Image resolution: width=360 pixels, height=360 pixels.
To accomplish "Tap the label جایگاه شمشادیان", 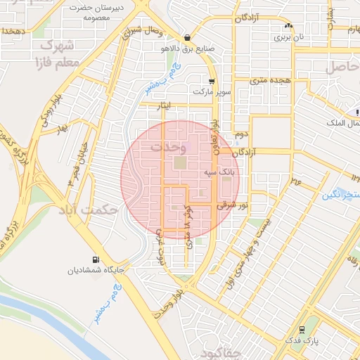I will (96, 270).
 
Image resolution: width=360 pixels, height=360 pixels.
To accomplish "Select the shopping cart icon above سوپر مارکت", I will (212, 81).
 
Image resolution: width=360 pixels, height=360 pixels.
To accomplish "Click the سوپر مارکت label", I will (212, 92).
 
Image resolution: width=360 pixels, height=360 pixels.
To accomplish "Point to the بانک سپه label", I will (220, 171).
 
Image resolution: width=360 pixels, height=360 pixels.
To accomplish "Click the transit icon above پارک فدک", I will (302, 328).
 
